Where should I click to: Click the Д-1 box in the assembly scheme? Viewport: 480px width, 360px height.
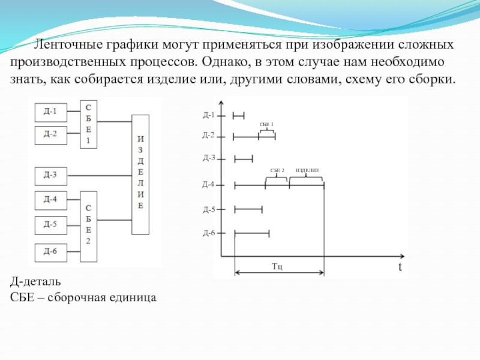click(51, 111)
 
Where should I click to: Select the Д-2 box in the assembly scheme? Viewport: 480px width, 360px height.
click(51, 133)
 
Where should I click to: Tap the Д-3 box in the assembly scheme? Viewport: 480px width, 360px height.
click(51, 175)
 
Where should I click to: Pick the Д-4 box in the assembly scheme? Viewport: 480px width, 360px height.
click(51, 199)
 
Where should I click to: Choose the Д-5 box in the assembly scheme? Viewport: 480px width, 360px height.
click(51, 224)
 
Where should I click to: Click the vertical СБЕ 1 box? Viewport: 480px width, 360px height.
click(88, 124)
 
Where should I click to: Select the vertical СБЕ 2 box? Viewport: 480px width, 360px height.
click(88, 226)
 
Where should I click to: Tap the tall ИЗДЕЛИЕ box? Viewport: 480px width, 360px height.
click(140, 175)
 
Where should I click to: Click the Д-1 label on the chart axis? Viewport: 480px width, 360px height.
click(209, 114)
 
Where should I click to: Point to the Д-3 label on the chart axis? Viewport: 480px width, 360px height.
click(209, 158)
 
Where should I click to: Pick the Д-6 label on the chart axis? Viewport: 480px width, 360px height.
click(209, 232)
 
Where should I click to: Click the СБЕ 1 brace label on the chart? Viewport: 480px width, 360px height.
click(266, 124)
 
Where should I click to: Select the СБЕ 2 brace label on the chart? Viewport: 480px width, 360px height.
click(277, 171)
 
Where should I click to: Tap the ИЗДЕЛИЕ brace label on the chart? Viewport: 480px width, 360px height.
click(307, 171)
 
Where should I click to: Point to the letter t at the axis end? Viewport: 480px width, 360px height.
click(398, 267)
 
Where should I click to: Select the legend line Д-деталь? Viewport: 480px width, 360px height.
click(35, 281)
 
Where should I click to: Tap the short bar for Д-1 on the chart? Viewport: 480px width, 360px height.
click(239, 115)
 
